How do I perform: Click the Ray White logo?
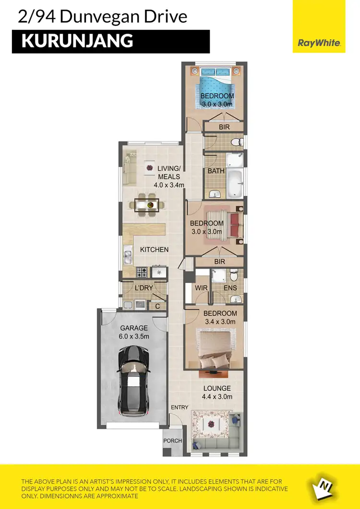coord(319,43)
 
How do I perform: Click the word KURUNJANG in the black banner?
coord(77,41)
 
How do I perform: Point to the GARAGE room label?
coord(134,328)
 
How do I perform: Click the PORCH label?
coord(172,441)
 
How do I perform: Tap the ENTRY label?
coord(180,407)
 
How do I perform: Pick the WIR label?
coord(201,288)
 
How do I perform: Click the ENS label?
coord(230,288)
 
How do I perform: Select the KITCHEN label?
coord(154,249)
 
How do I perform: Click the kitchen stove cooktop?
coord(142,272)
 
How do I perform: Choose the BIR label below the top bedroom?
coord(224,127)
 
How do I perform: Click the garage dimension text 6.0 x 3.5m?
coord(134,336)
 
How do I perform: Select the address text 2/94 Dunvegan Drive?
coord(102,17)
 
